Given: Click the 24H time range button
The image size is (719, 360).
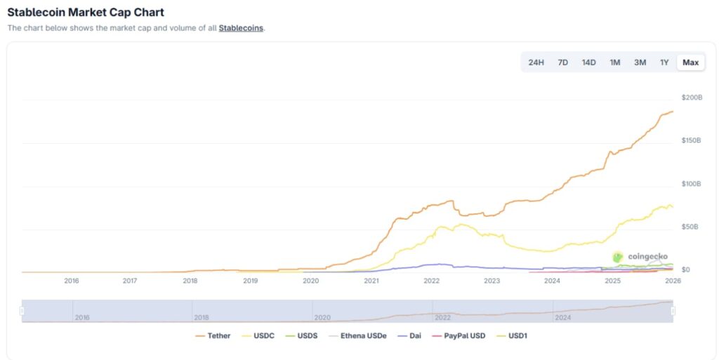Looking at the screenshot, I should pyautogui.click(x=536, y=62).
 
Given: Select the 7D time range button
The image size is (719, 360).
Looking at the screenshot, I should pyautogui.click(x=562, y=62).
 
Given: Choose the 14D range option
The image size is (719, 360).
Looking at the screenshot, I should pyautogui.click(x=588, y=62).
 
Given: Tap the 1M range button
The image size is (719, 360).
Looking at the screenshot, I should pyautogui.click(x=614, y=62).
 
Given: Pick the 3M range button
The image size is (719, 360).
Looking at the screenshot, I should pyautogui.click(x=640, y=62).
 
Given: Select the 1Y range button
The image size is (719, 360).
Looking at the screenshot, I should pyautogui.click(x=664, y=62).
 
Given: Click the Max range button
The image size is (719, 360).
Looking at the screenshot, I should pyautogui.click(x=690, y=62).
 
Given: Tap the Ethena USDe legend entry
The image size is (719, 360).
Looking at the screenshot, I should pyautogui.click(x=357, y=336).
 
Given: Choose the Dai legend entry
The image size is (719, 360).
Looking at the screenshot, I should pyautogui.click(x=411, y=336).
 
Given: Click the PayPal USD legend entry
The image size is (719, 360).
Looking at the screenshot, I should pyautogui.click(x=459, y=336).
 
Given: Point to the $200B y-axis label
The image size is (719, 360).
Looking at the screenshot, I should pyautogui.click(x=692, y=97).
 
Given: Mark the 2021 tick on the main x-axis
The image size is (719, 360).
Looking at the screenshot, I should pyautogui.click(x=371, y=281).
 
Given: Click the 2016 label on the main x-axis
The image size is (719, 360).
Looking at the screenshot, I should pyautogui.click(x=71, y=281).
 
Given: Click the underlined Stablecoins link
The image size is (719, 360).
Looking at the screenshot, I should pyautogui.click(x=241, y=28).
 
